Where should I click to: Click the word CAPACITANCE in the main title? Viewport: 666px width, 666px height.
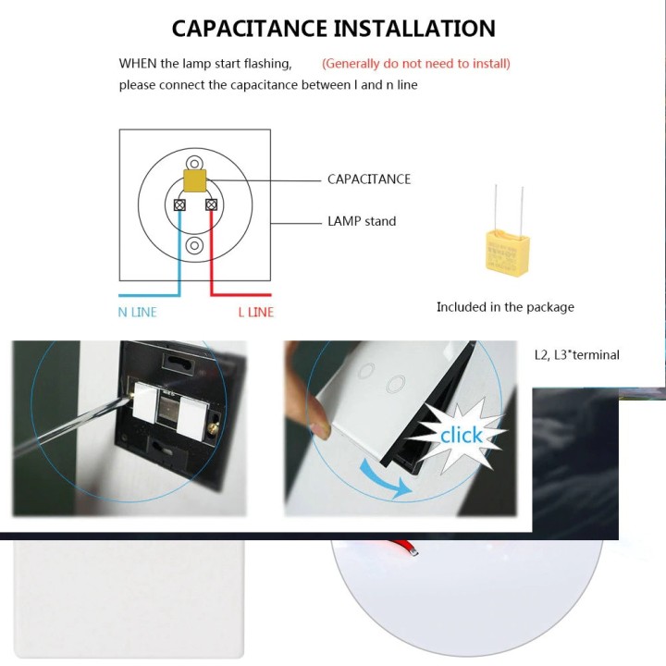tap(249, 29)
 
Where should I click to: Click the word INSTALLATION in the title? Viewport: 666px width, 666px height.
tap(414, 29)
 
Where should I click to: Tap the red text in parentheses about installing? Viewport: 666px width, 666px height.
tap(416, 64)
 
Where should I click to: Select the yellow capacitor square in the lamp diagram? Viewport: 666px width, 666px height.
tap(195, 180)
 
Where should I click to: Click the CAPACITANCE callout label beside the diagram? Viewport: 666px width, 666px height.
tap(369, 179)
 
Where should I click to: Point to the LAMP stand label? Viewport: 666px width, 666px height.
tap(362, 221)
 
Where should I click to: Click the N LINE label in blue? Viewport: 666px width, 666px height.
tap(138, 313)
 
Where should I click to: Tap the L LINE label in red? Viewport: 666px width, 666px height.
tap(255, 313)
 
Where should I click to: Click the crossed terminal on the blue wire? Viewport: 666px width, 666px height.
tap(179, 205)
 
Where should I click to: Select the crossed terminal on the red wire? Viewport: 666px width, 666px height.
tap(211, 205)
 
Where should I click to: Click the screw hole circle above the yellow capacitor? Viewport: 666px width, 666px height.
tap(194, 164)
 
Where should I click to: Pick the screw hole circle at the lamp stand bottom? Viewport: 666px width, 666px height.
tap(194, 245)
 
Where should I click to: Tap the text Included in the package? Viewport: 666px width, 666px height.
tap(505, 307)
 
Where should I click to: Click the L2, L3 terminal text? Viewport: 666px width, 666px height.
tap(577, 354)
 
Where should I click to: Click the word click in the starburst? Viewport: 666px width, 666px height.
tap(462, 435)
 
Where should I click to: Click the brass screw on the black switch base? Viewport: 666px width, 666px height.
tap(213, 430)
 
